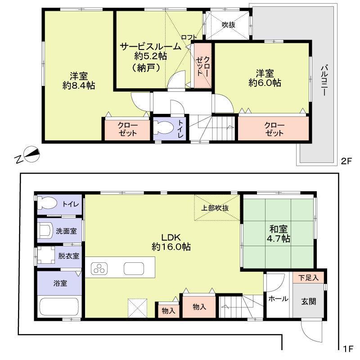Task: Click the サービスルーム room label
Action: (150, 46)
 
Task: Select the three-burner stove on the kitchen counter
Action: (99, 269)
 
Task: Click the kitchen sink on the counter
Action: (134, 269)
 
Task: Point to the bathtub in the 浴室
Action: (59, 307)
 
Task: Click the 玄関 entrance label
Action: (309, 301)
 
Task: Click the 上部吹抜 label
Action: (215, 208)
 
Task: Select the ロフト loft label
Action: (188, 37)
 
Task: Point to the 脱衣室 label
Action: (68, 256)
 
